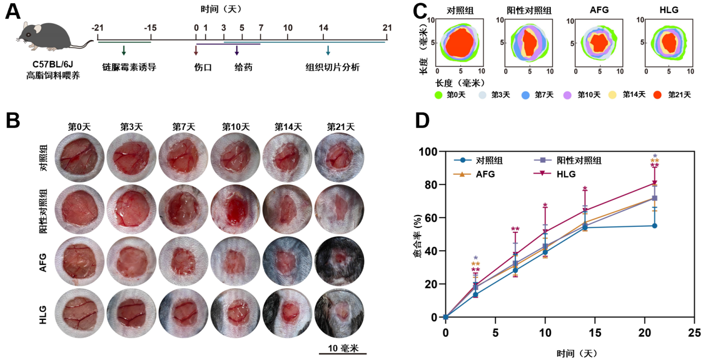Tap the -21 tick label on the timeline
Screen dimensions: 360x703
[x=97, y=28]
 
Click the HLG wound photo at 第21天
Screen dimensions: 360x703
[x=340, y=315]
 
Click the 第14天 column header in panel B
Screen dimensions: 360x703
[x=288, y=127]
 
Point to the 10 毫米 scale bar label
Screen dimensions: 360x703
[x=343, y=348]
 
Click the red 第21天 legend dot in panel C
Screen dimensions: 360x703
[x=659, y=95]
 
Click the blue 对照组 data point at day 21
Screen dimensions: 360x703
[x=654, y=226]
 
